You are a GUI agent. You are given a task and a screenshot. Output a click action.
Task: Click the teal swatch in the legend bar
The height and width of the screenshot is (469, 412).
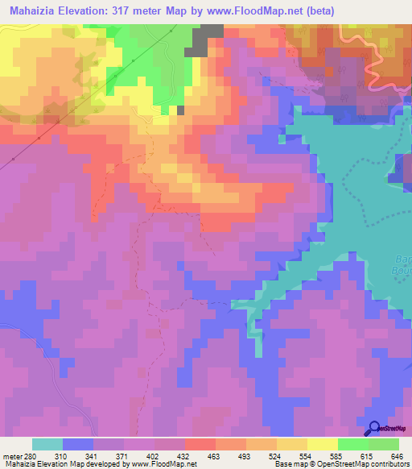47,444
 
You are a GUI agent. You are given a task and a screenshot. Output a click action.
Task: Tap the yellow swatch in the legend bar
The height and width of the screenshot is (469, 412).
323,444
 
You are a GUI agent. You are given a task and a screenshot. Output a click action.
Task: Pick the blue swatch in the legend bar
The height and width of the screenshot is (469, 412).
78,444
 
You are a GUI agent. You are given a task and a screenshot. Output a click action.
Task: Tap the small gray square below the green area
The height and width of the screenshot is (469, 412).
181,110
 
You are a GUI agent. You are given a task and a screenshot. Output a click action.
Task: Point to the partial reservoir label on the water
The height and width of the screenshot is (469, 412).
402,266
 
